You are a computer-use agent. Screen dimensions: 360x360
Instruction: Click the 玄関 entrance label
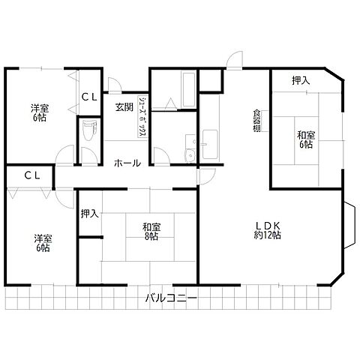[x=124, y=107]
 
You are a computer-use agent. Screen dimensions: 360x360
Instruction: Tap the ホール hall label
[x=127, y=163]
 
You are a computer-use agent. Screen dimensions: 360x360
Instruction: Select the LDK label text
[x=268, y=226]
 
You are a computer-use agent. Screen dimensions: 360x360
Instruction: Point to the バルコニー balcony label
[x=171, y=298]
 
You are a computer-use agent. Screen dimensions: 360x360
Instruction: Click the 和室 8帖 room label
[x=151, y=232]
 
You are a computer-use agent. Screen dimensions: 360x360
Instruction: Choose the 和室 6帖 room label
[x=306, y=140]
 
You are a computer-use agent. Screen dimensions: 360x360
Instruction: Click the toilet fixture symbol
[x=88, y=130]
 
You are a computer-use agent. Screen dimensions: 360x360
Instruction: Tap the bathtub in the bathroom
[x=189, y=89]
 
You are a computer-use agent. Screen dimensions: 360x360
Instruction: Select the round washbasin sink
[x=190, y=155]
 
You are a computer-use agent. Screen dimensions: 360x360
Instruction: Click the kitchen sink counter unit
[x=210, y=144]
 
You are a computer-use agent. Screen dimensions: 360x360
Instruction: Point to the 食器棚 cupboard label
[x=256, y=121]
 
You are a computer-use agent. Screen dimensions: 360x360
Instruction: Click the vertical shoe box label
[x=142, y=116]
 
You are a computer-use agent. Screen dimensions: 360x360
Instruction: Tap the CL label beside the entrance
[x=89, y=97]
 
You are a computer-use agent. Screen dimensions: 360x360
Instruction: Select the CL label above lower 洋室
[x=32, y=175]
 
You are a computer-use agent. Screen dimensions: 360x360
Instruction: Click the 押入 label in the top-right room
[x=301, y=80]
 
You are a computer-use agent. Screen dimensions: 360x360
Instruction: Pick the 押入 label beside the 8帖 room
[x=90, y=214]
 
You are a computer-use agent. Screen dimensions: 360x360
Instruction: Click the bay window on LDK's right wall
[x=349, y=225]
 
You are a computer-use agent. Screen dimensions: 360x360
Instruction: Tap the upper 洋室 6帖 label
[x=40, y=112]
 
